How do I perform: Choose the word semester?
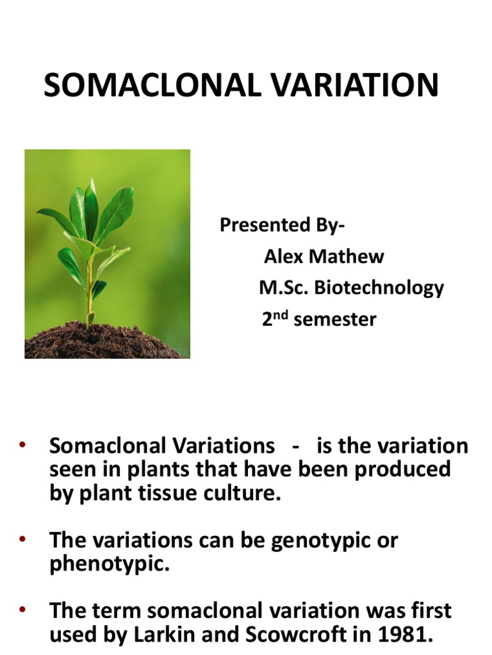(x=335, y=319)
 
